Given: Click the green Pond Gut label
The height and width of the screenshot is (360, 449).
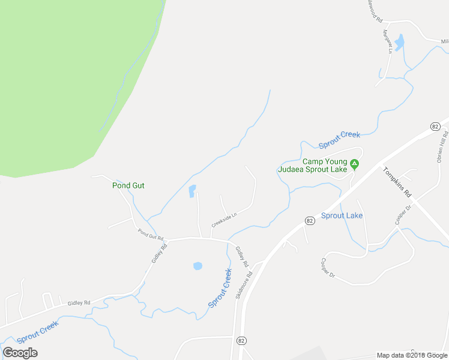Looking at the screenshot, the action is (128, 185).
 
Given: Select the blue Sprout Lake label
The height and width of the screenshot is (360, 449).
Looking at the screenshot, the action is (342, 215).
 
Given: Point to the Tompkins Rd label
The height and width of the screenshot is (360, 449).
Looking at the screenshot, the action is (398, 182).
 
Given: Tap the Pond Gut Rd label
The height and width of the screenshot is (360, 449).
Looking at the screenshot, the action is (151, 234).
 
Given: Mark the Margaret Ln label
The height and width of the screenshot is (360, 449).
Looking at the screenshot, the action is (387, 43).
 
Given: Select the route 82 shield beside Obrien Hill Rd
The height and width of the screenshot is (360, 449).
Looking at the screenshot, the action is (435, 126).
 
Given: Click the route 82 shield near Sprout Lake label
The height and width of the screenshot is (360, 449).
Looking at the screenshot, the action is (309, 221).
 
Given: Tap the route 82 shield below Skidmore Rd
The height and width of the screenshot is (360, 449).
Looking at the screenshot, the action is (241, 340).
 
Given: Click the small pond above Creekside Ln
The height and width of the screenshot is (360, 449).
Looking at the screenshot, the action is (192, 191).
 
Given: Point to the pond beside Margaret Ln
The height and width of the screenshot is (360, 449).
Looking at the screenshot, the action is (399, 42).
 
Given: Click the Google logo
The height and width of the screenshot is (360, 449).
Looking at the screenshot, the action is (20, 353).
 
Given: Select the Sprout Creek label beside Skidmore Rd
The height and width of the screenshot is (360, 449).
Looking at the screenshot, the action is (220, 289).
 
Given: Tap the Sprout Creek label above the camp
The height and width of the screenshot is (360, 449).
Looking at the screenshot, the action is (339, 139).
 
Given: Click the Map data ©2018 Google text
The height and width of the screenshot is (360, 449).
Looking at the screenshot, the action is (412, 355).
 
